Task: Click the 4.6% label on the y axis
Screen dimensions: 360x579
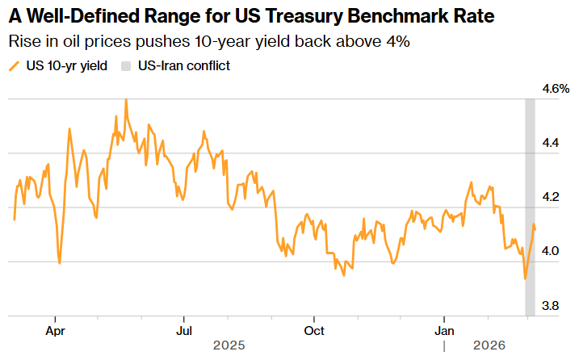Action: [x=556, y=88]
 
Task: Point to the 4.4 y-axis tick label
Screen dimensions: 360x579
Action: [x=551, y=143]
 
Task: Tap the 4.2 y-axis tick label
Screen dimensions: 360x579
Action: [x=551, y=197]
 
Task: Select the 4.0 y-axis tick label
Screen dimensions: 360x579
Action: [x=551, y=251]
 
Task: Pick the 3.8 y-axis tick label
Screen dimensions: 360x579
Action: [x=551, y=306]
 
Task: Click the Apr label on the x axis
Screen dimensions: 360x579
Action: [x=55, y=330]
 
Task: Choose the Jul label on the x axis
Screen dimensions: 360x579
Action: [x=184, y=330]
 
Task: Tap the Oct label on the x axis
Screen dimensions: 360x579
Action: [x=313, y=330]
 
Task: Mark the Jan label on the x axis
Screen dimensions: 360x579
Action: [x=443, y=330]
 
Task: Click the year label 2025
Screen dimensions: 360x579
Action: [x=229, y=345]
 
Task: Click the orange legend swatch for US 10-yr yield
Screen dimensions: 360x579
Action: [x=14, y=65]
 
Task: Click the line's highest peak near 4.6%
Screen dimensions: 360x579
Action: [x=126, y=99]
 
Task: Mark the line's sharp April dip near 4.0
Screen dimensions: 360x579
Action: [x=60, y=262]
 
